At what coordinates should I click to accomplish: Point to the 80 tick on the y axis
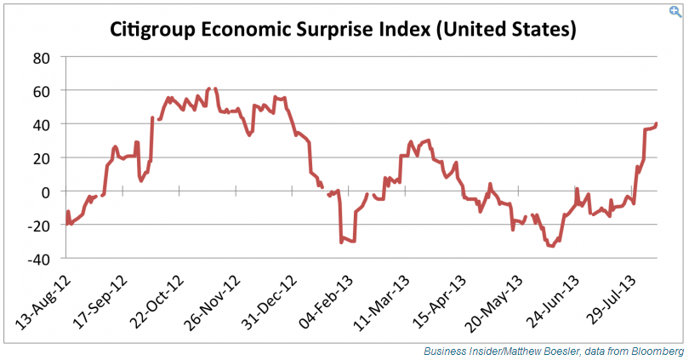point(43,57)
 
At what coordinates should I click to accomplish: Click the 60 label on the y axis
point(43,91)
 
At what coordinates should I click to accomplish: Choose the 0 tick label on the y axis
point(48,191)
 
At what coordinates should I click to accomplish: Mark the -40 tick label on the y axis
point(39,258)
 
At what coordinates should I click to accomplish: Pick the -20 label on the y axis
point(39,225)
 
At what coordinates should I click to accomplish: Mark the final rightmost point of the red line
point(657,123)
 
